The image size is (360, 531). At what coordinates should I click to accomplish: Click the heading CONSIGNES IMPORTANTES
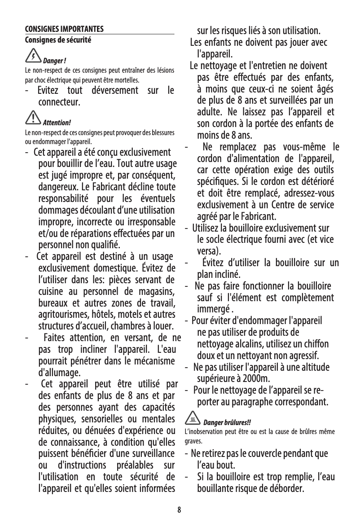pyautogui.click(x=64, y=30)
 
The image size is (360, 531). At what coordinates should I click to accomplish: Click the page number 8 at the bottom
pyautogui.click(x=179, y=510)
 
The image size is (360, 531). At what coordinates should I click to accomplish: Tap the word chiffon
pyautogui.click(x=316, y=344)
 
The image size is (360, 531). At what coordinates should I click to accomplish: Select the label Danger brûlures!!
pyautogui.click(x=228, y=423)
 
